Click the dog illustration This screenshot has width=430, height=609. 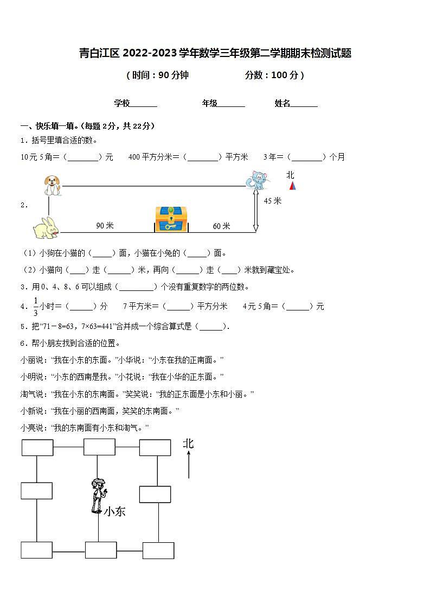point(52,185)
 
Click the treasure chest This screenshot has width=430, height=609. point(171,219)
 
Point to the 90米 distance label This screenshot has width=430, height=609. point(105,225)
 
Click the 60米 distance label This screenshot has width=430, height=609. point(221,226)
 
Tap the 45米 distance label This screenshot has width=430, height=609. point(273,201)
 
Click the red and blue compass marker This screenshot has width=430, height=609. point(292,186)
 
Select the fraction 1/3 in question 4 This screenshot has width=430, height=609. point(36,306)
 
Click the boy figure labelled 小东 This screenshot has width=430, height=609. point(98,495)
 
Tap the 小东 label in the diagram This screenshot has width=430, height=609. point(114,511)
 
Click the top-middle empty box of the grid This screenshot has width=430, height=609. point(99,447)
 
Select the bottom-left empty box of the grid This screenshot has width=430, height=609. point(36,550)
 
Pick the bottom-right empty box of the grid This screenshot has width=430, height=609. point(158,550)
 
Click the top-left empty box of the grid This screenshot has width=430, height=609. point(37,447)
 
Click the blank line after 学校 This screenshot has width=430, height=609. point(144,104)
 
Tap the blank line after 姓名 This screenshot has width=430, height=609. point(304,104)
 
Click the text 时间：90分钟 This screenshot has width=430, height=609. point(157,75)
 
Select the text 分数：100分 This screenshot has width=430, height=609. point(274,75)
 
